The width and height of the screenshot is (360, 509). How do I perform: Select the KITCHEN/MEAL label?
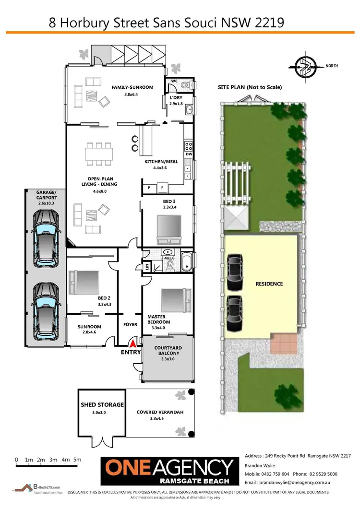(x=161, y=162)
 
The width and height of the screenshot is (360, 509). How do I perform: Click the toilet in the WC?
(x=187, y=85)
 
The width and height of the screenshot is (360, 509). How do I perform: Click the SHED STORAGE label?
(x=102, y=405)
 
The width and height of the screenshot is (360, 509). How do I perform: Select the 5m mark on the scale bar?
(x=78, y=460)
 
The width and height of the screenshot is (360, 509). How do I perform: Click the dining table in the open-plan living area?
(x=99, y=154)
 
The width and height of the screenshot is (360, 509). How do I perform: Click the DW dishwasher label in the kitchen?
(x=189, y=154)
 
